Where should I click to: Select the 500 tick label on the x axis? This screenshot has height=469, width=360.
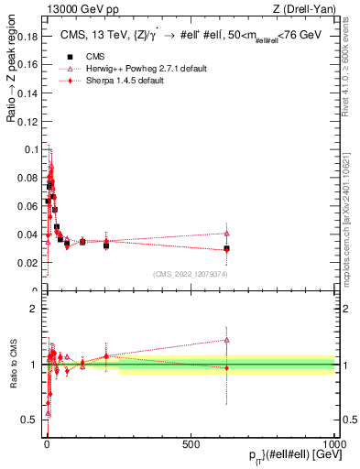[x=191, y=442]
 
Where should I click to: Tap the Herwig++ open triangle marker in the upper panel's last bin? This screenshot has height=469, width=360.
[x=226, y=233]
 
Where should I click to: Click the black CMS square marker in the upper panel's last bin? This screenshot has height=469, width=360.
[x=226, y=248]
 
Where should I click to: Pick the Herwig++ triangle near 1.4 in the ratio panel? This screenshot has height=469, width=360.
[x=226, y=340]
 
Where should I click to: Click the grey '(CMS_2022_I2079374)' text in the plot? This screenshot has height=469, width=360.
[x=190, y=273]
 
